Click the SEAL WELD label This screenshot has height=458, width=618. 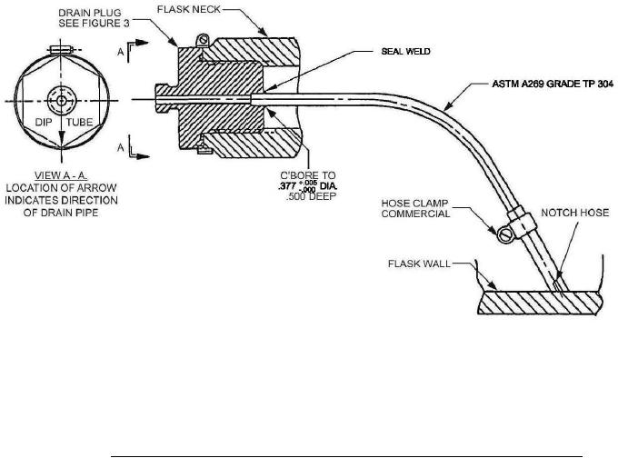click(405, 52)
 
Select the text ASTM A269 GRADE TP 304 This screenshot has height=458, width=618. click(553, 84)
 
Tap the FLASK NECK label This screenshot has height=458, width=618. click(189, 9)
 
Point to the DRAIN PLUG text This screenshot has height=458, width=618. click(90, 13)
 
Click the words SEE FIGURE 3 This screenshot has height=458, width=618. click(94, 24)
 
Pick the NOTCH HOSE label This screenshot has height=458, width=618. click(574, 213)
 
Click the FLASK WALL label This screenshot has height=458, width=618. click(419, 264)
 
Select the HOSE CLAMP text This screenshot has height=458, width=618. click(414, 204)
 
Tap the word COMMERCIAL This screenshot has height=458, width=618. click(415, 214)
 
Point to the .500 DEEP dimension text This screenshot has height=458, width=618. click(312, 196)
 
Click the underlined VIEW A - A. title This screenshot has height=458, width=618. click(61, 175)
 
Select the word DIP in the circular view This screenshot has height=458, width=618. click(44, 122)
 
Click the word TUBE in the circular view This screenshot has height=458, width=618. click(80, 122)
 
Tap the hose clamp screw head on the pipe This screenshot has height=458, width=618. click(504, 235)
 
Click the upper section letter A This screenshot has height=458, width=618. click(121, 52)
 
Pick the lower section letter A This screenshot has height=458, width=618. click(121, 147)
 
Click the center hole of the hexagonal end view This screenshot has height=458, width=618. click(61, 101)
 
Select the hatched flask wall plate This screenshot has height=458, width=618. click(540, 303)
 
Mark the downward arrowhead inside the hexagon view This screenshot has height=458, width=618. click(61, 140)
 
